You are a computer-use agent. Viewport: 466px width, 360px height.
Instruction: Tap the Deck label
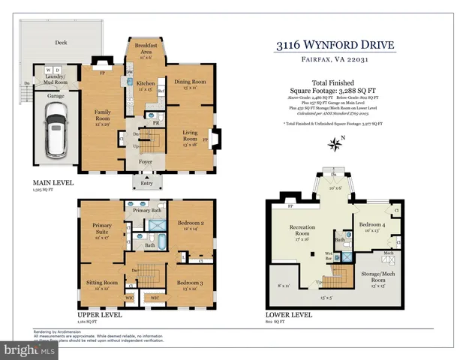click(x=60, y=43)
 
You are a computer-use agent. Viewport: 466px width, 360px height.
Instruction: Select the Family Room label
click(x=103, y=115)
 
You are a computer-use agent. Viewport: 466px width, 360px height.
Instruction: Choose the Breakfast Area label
click(x=145, y=48)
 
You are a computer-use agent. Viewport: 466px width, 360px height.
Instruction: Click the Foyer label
click(x=144, y=160)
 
